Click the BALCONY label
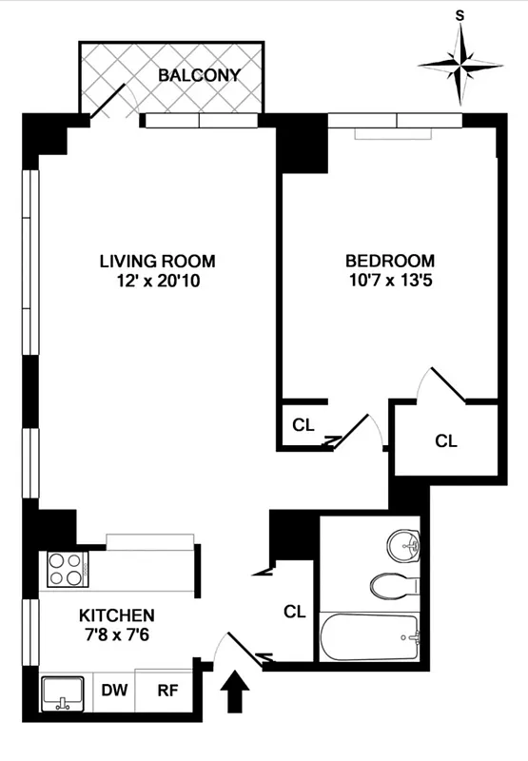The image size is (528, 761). point(200,74)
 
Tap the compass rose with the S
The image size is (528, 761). point(460,65)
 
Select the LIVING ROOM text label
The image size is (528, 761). point(158,261)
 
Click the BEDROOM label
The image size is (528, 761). point(389,261)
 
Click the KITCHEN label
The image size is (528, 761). point(116,615)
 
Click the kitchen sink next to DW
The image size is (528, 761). point(65,693)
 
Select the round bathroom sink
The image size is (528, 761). point(404,545)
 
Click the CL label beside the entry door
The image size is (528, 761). point(294,612)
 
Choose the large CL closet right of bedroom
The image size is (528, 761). point(446,440)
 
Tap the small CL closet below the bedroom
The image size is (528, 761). point(303,425)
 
